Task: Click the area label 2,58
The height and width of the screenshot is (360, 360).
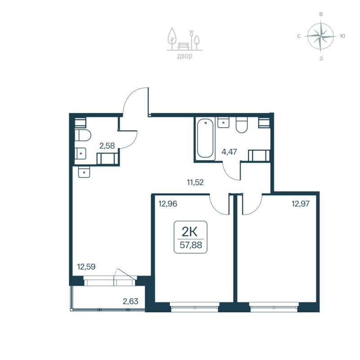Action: click(107, 145)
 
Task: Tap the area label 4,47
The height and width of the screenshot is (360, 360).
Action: click(229, 151)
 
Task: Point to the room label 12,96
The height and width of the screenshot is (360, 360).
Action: click(167, 203)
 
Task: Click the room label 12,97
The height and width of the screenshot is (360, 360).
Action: click(301, 203)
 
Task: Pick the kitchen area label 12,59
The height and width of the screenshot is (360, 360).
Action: click(86, 266)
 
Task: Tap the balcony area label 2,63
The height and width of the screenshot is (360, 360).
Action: click(130, 301)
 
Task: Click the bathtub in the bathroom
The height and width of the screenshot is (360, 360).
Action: click(205, 138)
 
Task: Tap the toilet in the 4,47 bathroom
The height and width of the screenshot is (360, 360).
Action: click(242, 126)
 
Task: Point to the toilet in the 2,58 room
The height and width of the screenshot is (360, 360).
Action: click(84, 135)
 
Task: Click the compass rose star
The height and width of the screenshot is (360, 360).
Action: click(320, 36)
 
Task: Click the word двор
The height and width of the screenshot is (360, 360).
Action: click(184, 56)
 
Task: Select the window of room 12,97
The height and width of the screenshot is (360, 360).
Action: click(274, 307)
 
